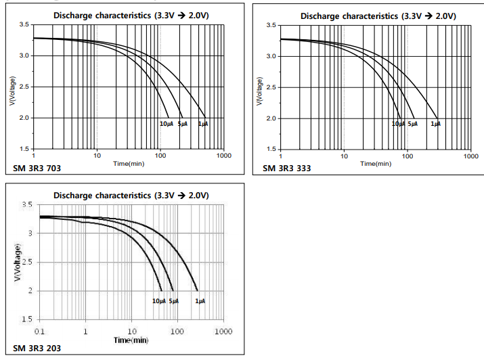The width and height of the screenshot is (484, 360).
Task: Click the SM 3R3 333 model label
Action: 286,168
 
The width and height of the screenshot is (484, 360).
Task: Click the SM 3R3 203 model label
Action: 36,348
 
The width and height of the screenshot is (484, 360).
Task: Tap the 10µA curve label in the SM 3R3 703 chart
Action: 166,124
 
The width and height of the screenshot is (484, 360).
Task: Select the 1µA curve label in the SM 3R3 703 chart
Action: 202,124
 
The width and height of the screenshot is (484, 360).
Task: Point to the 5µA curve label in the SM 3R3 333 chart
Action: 412,124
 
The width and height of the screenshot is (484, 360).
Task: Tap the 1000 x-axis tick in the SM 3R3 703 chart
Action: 223,156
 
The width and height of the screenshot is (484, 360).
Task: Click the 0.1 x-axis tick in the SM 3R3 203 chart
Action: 40,331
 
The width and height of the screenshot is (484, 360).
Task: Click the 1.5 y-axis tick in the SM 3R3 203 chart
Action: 27,319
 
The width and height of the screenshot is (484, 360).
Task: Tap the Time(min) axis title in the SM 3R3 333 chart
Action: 376,163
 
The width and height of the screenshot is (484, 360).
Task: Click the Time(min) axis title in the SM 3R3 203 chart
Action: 131,339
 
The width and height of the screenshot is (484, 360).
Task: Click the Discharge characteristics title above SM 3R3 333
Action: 378,15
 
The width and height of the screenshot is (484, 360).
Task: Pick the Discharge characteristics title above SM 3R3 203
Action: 131,195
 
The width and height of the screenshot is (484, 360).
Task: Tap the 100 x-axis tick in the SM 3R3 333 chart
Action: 408,156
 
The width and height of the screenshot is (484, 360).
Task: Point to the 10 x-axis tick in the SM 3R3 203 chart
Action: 131,331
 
